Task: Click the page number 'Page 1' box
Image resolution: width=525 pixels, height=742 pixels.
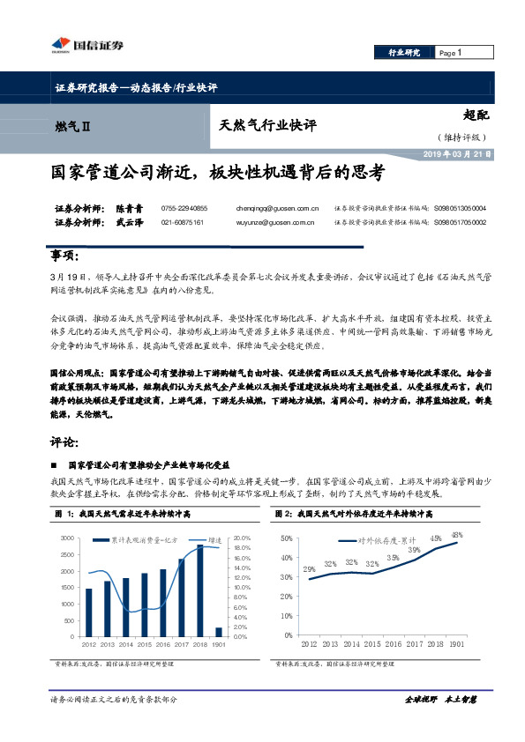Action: (x=449, y=54)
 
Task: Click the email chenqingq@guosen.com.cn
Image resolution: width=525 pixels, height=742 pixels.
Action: (x=278, y=208)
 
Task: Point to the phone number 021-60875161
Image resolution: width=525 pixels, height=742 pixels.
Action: (x=183, y=223)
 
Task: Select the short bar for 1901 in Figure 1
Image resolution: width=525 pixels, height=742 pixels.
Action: (x=219, y=631)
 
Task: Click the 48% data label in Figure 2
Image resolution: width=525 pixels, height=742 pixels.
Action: (x=457, y=535)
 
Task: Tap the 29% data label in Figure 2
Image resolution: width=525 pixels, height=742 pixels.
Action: (x=310, y=569)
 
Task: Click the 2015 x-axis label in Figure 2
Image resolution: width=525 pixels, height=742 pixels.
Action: (x=372, y=645)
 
